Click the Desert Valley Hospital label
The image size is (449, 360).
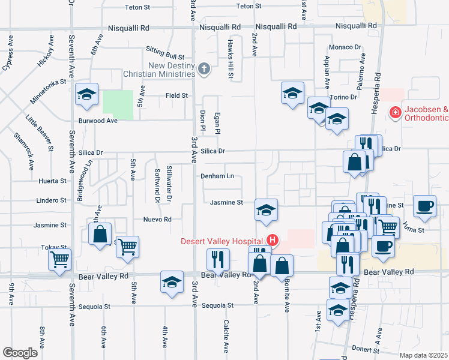point(223,241)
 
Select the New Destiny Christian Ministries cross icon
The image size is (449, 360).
point(204,68)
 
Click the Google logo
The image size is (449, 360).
point(20,353)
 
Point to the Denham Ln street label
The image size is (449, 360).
point(217,176)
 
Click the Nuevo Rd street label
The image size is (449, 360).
point(157,220)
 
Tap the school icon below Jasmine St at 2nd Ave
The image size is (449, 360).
point(266,210)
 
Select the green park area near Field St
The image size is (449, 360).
point(118,102)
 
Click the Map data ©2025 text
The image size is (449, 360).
point(423,355)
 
